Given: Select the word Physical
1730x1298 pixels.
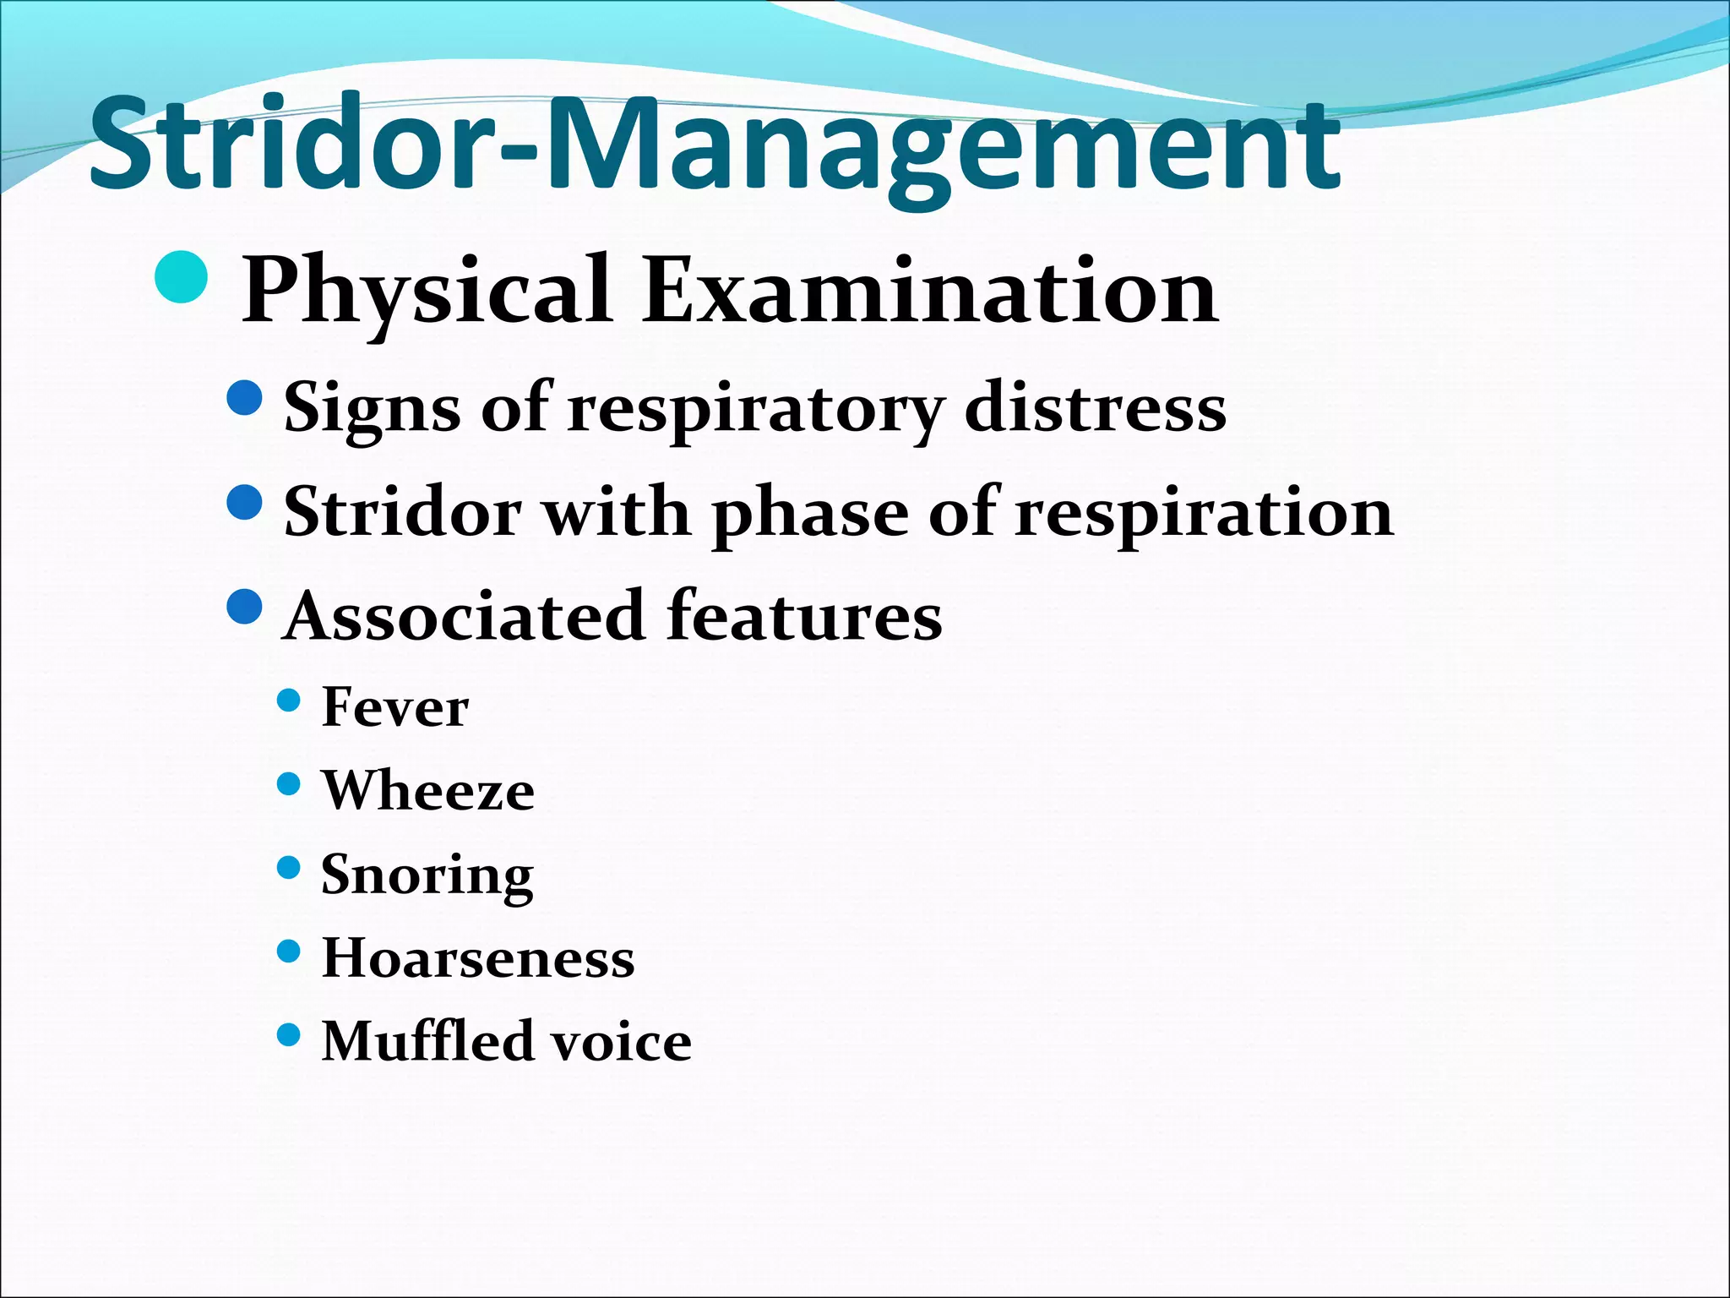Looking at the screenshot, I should [427, 292].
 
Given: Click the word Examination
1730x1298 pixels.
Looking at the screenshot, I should [929, 292].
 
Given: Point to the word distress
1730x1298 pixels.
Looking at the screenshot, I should [1095, 409].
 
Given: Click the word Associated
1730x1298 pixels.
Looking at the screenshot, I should [465, 615].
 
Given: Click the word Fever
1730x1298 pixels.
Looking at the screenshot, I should [394, 707].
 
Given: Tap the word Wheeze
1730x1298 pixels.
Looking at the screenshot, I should [427, 791].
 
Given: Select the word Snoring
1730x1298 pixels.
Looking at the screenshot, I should [427, 875].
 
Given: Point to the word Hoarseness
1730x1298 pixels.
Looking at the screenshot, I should [478, 958].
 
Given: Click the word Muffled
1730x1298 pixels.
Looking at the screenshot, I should [427, 1041].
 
